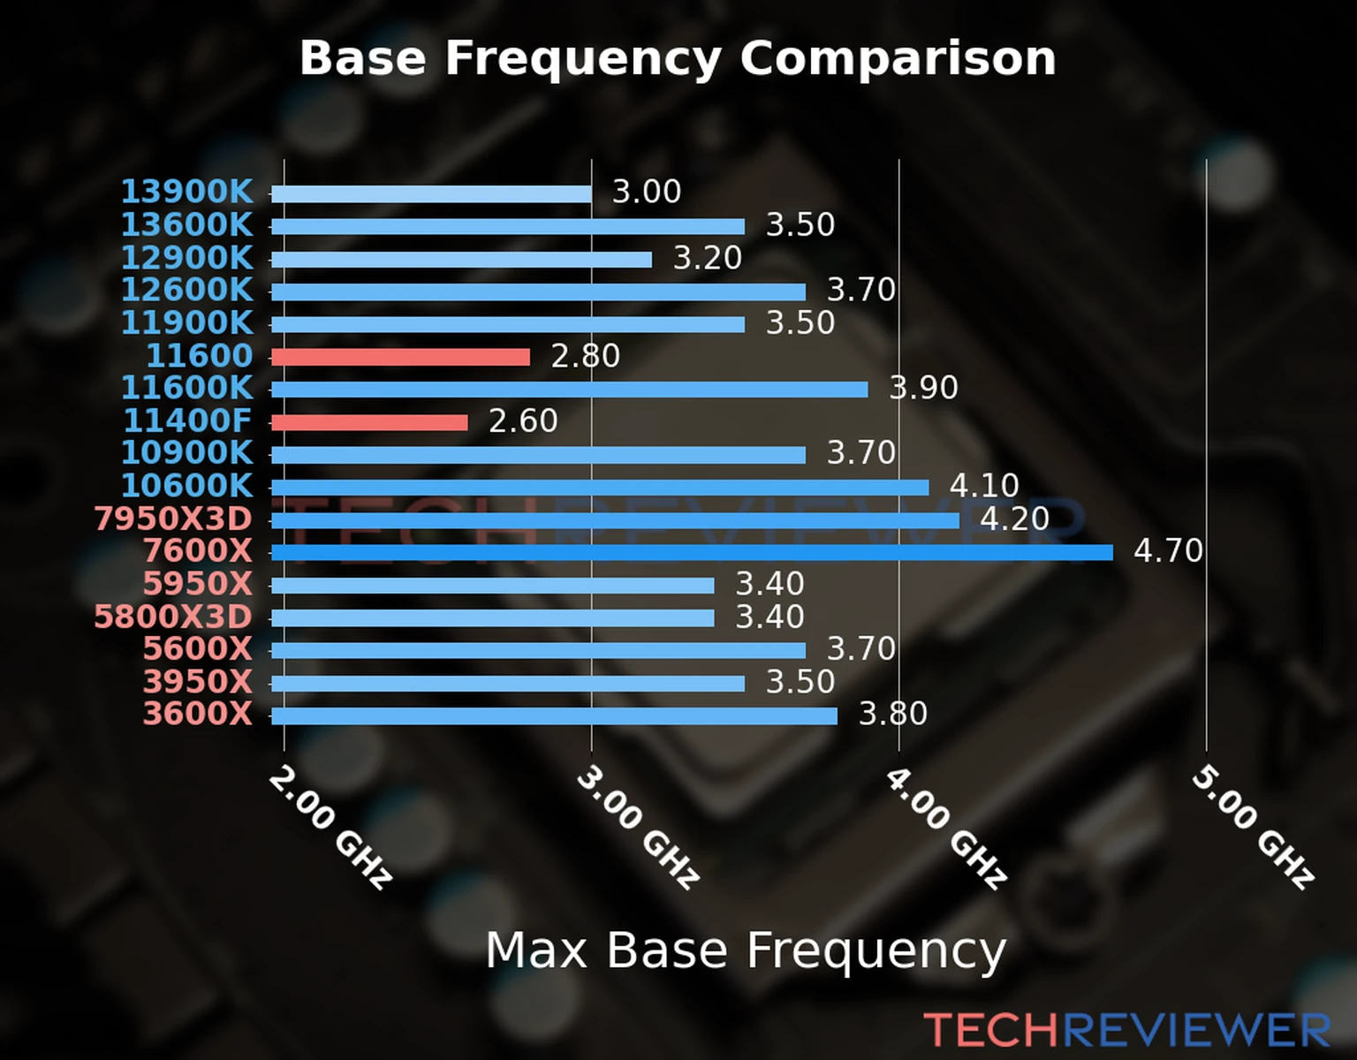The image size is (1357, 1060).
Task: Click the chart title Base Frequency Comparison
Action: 678,58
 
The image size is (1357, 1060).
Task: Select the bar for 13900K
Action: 431,194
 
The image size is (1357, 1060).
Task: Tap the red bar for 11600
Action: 400,357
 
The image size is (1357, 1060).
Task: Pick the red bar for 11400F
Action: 369,422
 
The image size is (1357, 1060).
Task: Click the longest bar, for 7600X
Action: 692,553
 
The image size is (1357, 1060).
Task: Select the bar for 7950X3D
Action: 615,520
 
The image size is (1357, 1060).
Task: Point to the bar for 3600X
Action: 554,715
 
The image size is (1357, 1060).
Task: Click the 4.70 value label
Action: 1168,551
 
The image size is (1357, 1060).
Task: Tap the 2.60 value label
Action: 523,421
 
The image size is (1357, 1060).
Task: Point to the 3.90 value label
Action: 923,388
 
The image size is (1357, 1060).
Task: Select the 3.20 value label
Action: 708,258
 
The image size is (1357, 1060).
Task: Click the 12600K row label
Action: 186,290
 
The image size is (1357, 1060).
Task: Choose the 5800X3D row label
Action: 173,617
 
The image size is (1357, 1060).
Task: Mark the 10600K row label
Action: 186,486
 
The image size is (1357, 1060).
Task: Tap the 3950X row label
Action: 197,682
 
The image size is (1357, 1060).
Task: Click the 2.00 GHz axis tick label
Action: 330,828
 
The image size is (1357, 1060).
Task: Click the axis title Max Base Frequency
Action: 746,951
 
